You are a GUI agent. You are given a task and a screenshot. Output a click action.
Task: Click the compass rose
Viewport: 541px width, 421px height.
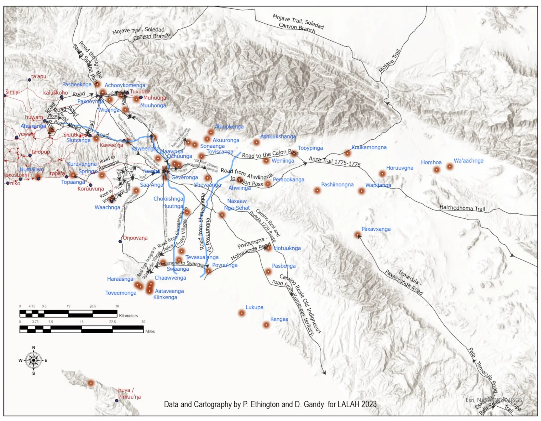pos(33,360)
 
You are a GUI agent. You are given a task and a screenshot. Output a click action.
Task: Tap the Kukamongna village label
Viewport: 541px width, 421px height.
pos(369,147)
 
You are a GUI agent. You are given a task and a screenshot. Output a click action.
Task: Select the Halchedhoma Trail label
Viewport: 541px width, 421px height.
pos(462,208)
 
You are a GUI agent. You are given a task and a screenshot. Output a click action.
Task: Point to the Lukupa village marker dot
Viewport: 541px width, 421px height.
pos(242,313)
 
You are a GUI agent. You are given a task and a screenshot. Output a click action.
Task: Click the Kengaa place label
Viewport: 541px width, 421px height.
pos(279,319)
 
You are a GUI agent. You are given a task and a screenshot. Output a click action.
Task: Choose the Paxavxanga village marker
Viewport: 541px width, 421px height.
pos(358,235)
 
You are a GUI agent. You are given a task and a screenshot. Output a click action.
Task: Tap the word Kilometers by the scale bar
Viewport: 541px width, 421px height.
pos(128,316)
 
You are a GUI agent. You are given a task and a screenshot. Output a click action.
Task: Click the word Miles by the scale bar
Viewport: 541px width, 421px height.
pos(150,331)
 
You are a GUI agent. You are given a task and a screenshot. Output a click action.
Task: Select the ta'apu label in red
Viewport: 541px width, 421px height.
pos(39,76)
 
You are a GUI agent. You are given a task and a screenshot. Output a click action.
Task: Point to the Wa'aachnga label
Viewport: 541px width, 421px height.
pos(469,161)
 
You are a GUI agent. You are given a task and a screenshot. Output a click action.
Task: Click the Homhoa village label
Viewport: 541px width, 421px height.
pos(431,162)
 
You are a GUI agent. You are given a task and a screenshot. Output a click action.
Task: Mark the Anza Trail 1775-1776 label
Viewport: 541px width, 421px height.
pos(335,161)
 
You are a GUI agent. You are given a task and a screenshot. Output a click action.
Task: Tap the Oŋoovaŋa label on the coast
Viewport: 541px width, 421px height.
pos(135,238)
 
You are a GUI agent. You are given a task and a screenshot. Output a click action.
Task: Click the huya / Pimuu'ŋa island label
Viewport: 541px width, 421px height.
pos(129,393)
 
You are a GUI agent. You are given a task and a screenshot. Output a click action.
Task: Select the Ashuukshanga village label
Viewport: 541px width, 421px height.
pos(278,137)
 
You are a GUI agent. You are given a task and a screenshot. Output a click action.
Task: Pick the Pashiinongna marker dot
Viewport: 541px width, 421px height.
pos(317,190)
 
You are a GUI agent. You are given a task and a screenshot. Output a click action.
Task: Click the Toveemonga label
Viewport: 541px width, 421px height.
pos(121,293)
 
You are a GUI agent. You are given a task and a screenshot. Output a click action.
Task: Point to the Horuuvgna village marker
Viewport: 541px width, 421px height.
pos(382,174)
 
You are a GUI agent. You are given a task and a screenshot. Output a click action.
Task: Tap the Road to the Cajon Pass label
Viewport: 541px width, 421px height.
pos(270,154)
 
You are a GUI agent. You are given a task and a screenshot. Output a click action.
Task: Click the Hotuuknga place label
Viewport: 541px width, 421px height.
pos(287,248)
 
